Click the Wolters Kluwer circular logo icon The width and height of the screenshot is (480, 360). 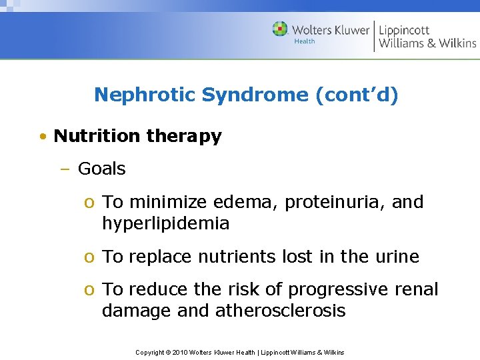click(x=280, y=29)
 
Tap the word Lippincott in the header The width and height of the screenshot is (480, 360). click(x=404, y=29)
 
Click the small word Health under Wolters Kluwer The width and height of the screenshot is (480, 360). click(x=305, y=41)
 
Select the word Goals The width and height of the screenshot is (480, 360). click(x=101, y=169)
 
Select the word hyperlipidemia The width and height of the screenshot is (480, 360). click(x=165, y=224)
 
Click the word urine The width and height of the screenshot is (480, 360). click(x=397, y=257)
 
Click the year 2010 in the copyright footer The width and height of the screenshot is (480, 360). click(x=180, y=352)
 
